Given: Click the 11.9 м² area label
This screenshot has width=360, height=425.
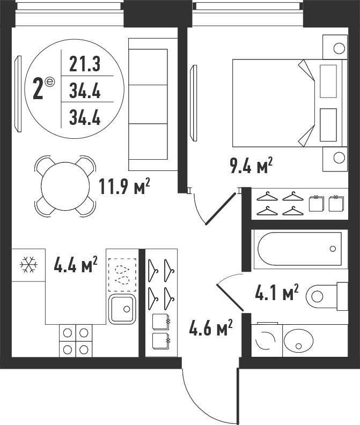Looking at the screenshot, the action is coord(124,187).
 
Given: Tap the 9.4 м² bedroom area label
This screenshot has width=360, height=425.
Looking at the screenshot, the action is coord(251,166).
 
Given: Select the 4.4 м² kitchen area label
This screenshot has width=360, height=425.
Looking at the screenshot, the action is coord(76,265).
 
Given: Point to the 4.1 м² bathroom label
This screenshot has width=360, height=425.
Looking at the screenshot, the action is coord(277,292).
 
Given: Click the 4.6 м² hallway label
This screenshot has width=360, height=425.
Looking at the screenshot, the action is coord(210,327).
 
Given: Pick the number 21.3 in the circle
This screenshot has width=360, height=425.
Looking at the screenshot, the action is coord(85,64).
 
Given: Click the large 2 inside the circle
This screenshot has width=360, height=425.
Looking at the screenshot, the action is coord(38,88).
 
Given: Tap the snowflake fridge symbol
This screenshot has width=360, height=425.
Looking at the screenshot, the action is coord(29,265).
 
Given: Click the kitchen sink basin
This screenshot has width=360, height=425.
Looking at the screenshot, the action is coord(122,309).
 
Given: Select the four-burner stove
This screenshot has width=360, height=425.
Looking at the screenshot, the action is coord(76,341).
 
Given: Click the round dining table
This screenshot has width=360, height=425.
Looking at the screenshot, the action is coord(65,186).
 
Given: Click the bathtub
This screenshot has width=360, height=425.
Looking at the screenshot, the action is coord(300,249).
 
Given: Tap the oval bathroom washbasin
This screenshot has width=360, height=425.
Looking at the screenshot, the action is coord(298,341).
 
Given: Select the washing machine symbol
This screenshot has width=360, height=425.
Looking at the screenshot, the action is coord(267,340).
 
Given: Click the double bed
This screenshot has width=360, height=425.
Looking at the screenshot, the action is coord(290,103).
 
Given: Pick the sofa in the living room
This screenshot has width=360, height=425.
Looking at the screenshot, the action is coord(153,105).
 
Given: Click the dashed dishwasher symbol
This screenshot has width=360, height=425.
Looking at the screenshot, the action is coord(122,275).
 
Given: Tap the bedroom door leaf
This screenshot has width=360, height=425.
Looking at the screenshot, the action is coord(221,208).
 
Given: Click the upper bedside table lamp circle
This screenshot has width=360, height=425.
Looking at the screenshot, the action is coord(339,49).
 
